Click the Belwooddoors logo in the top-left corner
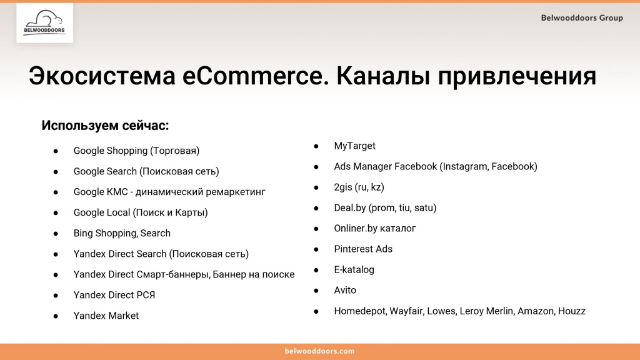[44, 23]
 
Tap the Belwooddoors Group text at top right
[581, 18]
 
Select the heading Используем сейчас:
[105, 125]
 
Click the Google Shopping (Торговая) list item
[136, 151]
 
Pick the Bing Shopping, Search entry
[122, 233]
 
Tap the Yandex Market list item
[106, 316]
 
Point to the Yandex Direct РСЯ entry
[114, 295]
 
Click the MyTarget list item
[354, 146]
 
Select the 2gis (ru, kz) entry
[359, 187]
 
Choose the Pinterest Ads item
[363, 249]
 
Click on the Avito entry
[345, 290]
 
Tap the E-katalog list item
[354, 269]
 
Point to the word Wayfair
[406, 311]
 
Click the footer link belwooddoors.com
[320, 351]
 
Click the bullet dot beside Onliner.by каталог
[317, 228]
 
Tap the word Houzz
[572, 311]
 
